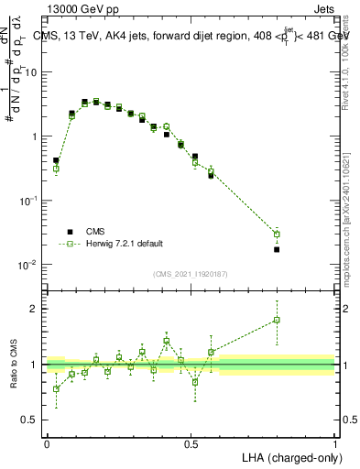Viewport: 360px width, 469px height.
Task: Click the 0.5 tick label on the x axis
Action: pyautogui.click(x=191, y=443)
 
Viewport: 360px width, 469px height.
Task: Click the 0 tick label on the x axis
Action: pyautogui.click(x=47, y=443)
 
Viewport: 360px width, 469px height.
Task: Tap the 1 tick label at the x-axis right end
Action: pyautogui.click(x=334, y=443)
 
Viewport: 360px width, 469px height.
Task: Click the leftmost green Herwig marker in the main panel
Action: pyautogui.click(x=56, y=169)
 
